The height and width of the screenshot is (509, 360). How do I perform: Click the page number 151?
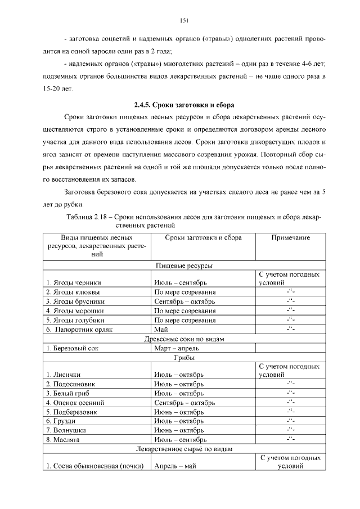183,21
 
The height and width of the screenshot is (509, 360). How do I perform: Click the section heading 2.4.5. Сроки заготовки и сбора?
183,105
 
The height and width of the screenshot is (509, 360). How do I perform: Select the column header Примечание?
290,238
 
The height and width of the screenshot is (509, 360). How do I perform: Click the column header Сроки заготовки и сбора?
203,238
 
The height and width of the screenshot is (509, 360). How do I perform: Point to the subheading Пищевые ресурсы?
183,265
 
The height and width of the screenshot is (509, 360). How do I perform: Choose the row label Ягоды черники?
74,282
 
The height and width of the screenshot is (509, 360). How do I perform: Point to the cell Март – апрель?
175,348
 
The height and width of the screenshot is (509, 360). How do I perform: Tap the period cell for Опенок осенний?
184,402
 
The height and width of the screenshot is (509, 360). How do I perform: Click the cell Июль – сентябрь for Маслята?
181,439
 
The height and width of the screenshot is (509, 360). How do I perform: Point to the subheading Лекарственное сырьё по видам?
183,449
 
